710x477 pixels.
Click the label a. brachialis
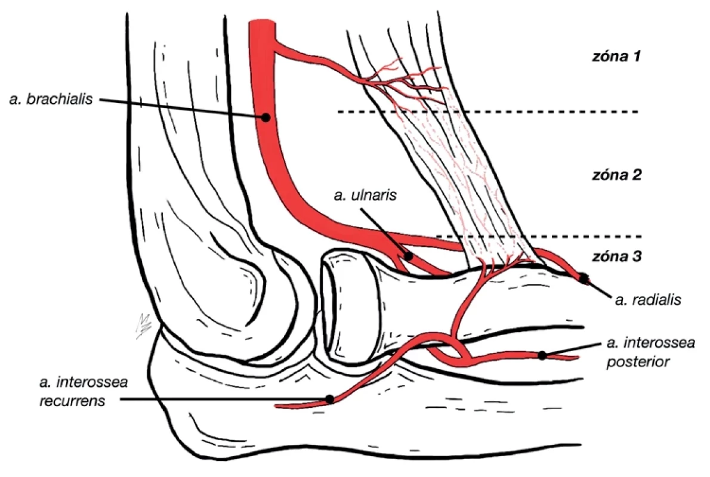(x=51, y=99)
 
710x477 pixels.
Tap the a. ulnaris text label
(x=365, y=195)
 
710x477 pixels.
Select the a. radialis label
(x=648, y=299)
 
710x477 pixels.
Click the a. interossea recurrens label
(x=84, y=392)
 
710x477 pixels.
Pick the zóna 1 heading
(x=617, y=57)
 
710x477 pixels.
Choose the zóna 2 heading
(x=617, y=175)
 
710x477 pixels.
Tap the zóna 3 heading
(x=617, y=256)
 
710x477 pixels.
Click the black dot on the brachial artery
(x=266, y=117)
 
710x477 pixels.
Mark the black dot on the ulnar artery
(x=408, y=256)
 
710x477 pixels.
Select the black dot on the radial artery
(x=584, y=278)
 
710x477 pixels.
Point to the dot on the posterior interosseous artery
(x=542, y=355)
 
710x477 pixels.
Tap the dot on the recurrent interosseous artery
(x=329, y=399)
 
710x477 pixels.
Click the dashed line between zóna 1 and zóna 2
(x=487, y=111)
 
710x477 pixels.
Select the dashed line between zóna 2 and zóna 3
(x=539, y=236)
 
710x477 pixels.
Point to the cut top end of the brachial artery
(x=262, y=20)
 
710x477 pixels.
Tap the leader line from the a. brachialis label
(x=182, y=109)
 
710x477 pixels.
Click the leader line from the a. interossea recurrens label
(x=225, y=399)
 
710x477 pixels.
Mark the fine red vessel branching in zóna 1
(x=403, y=82)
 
